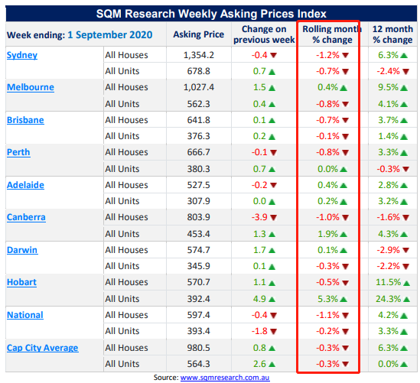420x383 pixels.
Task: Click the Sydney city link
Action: (x=22, y=55)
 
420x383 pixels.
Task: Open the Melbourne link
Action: (x=31, y=87)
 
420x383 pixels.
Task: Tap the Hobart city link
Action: (x=21, y=282)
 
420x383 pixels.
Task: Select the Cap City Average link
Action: (x=43, y=348)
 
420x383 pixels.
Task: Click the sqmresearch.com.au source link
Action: (x=225, y=378)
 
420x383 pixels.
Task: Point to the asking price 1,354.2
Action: (x=199, y=55)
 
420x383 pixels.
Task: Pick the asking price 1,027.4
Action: (x=199, y=87)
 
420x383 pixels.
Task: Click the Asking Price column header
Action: (x=198, y=34)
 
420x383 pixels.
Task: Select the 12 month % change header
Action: (x=392, y=34)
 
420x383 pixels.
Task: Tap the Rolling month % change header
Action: (x=332, y=34)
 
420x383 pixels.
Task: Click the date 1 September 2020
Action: (x=110, y=35)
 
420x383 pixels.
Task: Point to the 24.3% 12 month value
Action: (x=389, y=299)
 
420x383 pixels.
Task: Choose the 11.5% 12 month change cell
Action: (x=389, y=282)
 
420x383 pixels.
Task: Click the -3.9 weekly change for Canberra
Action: (x=259, y=217)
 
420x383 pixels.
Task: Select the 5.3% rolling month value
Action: (x=328, y=299)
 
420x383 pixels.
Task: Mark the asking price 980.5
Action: (x=198, y=348)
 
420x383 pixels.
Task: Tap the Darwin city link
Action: (x=22, y=250)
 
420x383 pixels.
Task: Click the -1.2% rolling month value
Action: (x=327, y=55)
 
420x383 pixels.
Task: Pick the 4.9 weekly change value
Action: (x=259, y=299)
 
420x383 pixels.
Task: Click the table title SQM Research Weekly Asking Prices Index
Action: (x=211, y=14)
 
